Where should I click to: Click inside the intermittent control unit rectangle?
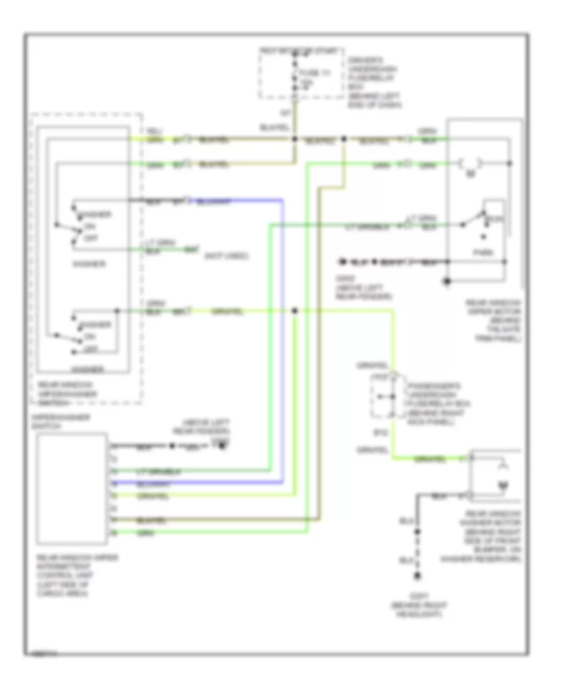(x=71, y=489)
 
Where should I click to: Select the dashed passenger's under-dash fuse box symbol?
(x=382, y=397)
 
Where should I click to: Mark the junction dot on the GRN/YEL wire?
(x=295, y=311)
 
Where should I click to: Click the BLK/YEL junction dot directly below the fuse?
(x=295, y=138)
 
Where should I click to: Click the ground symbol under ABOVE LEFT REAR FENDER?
(x=220, y=445)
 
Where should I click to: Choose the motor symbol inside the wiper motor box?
(x=469, y=164)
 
